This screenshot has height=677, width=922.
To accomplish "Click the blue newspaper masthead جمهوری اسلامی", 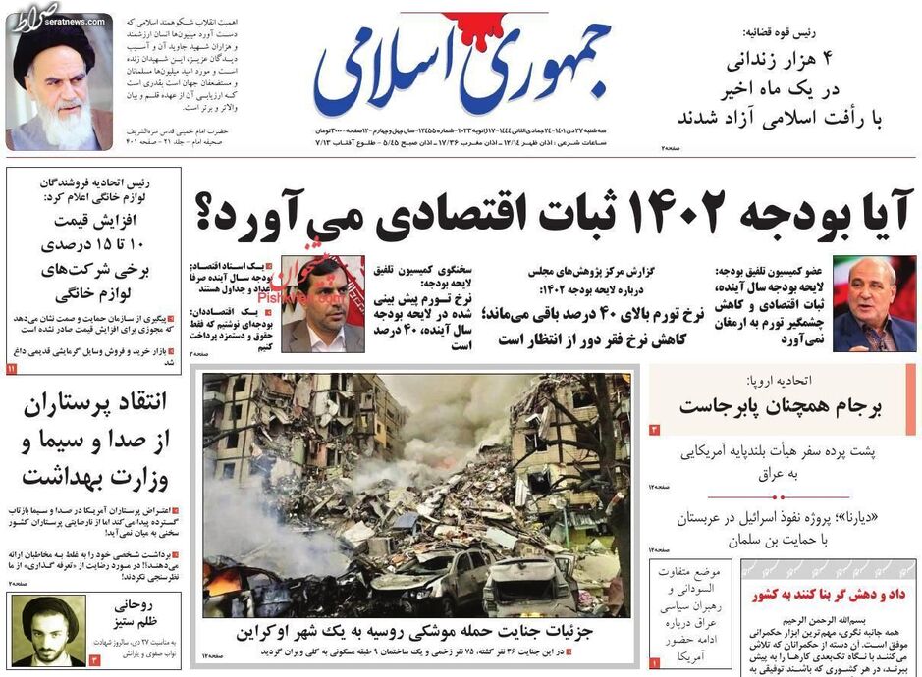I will (x=461, y=69).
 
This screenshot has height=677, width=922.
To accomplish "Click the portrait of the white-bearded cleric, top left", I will (x=59, y=83).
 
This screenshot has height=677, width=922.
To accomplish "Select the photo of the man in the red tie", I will (x=874, y=304).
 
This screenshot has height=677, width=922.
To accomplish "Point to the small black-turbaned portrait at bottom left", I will (x=47, y=630).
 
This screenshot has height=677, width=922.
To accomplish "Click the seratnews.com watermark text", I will (x=37, y=21).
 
